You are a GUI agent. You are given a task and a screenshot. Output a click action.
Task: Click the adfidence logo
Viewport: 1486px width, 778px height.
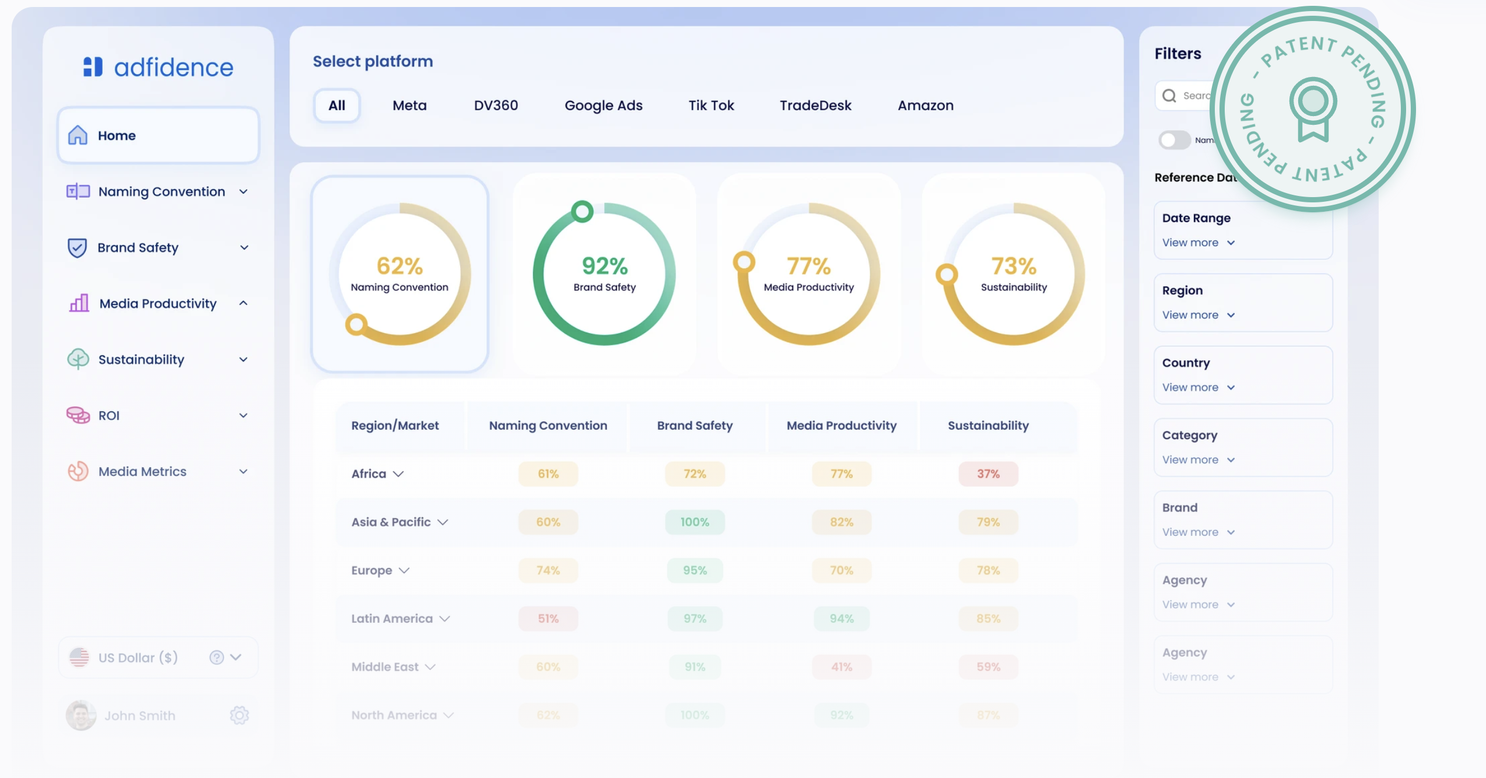click(x=157, y=67)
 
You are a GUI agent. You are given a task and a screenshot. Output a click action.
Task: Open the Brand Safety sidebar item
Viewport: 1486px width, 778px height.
click(x=138, y=247)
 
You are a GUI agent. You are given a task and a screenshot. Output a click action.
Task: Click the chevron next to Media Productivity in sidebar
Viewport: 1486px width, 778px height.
click(x=243, y=303)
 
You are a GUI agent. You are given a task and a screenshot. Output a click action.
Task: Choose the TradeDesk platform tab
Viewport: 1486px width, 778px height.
click(x=815, y=106)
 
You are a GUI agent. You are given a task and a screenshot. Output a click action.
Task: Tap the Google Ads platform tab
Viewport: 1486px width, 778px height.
click(x=603, y=106)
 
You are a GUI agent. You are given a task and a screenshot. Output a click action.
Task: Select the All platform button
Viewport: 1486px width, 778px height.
click(x=337, y=106)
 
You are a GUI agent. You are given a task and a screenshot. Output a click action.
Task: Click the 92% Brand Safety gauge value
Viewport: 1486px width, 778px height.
click(x=604, y=267)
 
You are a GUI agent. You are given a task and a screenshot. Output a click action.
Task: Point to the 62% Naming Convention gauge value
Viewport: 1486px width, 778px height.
click(x=399, y=267)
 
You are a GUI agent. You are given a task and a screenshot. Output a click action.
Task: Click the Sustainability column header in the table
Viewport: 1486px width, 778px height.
click(x=988, y=425)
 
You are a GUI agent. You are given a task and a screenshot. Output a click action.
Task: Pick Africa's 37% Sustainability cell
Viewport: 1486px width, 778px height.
click(x=988, y=474)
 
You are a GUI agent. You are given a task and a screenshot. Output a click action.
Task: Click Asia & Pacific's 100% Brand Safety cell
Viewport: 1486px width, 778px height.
click(x=695, y=522)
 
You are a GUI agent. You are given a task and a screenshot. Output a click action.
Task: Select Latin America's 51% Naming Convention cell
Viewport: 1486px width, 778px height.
click(x=548, y=618)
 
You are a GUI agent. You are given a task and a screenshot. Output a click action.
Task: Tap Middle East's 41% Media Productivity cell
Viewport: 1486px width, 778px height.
click(x=841, y=667)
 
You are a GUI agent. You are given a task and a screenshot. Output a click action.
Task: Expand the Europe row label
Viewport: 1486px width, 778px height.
click(x=380, y=570)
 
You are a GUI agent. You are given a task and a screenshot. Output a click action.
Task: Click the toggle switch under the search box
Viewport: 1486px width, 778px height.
click(x=1174, y=140)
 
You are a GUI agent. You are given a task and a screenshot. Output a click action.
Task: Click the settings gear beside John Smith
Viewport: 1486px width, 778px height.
click(x=239, y=715)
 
